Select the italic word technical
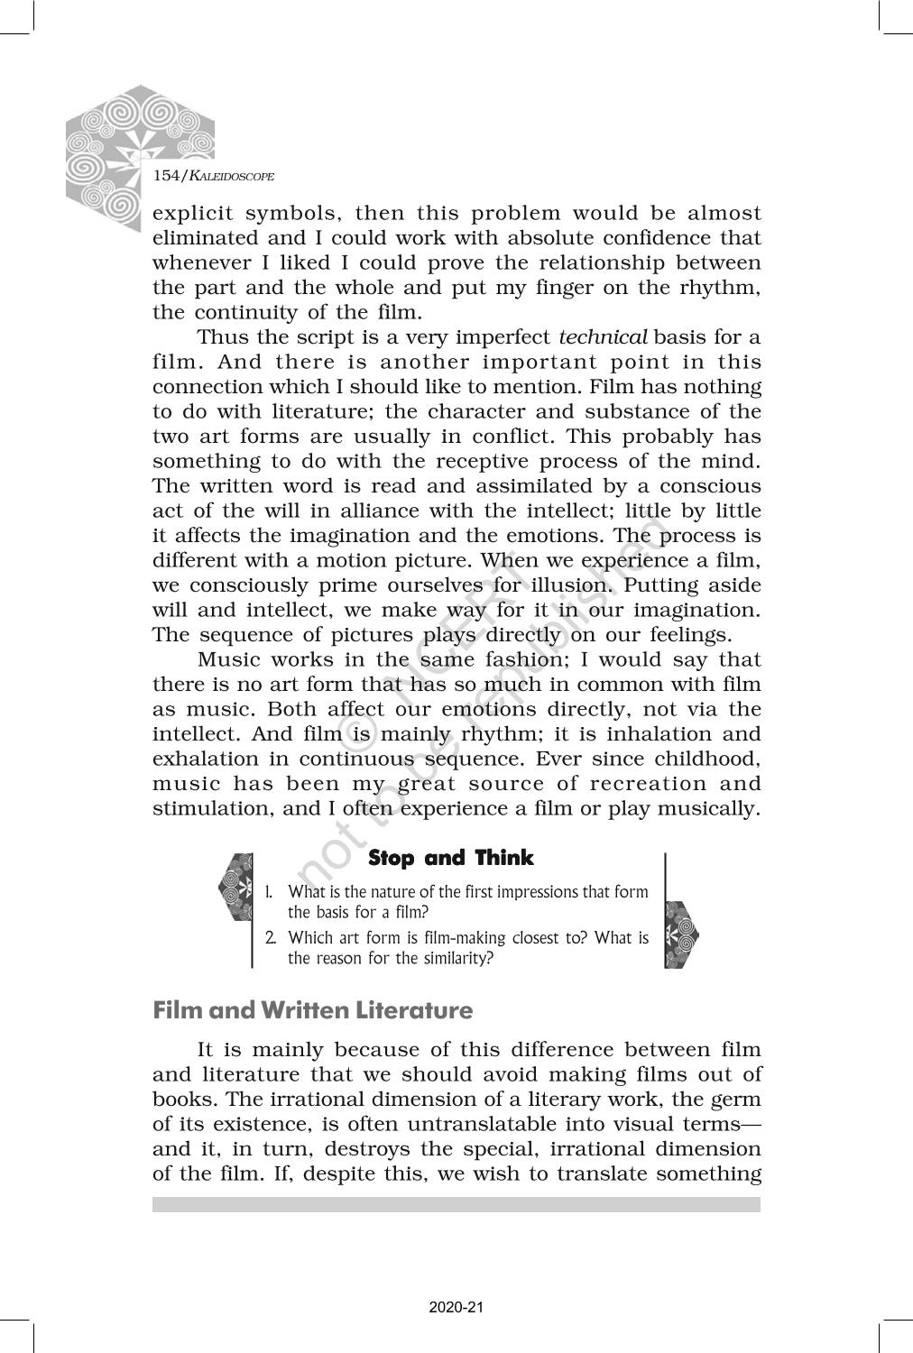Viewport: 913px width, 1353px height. click(x=603, y=337)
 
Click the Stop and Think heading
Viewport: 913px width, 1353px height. click(x=451, y=858)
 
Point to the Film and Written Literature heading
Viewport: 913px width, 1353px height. click(x=312, y=1009)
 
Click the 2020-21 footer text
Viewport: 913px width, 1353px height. click(x=456, y=1307)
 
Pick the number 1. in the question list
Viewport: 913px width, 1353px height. click(x=269, y=892)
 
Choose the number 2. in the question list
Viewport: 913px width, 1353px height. click(x=270, y=938)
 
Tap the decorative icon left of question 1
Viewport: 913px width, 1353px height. click(x=236, y=888)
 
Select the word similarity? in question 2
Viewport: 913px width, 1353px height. click(x=452, y=958)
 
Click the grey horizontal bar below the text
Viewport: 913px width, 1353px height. click(x=456, y=1204)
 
